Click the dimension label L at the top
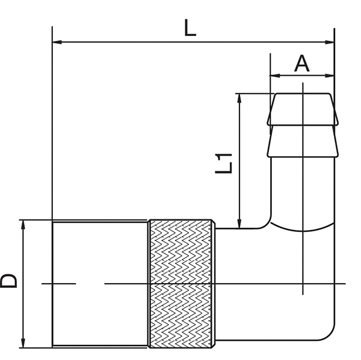[x=190, y=28]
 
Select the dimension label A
[x=302, y=64]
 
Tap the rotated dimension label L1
[x=224, y=163]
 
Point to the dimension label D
[x=8, y=281]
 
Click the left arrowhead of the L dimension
[x=57, y=42]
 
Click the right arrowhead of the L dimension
[x=329, y=42]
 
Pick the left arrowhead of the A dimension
[x=275, y=76]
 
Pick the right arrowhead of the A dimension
[x=329, y=76]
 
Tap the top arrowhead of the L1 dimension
[x=239, y=99]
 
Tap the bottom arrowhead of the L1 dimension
[x=239, y=224]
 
